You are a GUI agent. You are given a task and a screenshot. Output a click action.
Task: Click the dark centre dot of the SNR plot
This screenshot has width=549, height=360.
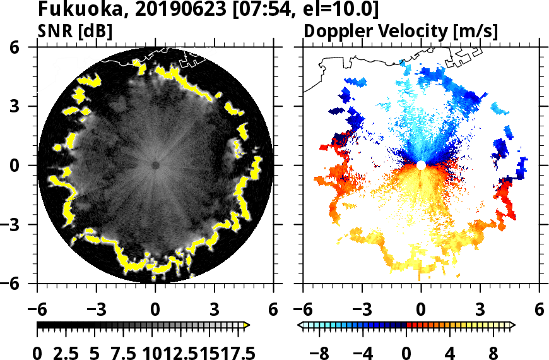155,165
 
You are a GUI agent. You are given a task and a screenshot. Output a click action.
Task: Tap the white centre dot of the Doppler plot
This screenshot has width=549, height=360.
421,165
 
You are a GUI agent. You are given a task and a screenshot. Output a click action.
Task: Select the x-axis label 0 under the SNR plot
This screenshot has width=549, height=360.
155,309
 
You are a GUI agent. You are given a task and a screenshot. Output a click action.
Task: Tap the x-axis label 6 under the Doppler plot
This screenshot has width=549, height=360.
539,309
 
